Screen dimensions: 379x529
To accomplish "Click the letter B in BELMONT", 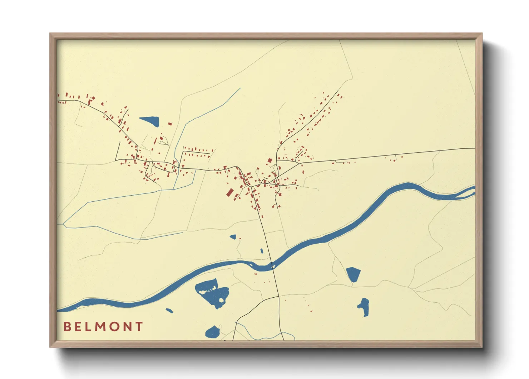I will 67,327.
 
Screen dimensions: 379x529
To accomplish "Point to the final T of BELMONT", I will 139,327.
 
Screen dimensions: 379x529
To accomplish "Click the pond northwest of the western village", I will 150,121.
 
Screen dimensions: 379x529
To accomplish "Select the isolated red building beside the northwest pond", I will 170,124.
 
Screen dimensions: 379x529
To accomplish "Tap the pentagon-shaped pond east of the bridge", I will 353,274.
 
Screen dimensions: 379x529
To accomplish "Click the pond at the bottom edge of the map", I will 212,332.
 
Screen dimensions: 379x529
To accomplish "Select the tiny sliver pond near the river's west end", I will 169,311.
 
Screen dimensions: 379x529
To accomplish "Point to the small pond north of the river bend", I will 233,237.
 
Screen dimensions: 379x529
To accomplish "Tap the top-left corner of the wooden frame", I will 50,34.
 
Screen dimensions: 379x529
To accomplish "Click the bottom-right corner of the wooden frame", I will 481,346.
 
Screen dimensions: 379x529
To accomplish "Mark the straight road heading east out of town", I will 386,154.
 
